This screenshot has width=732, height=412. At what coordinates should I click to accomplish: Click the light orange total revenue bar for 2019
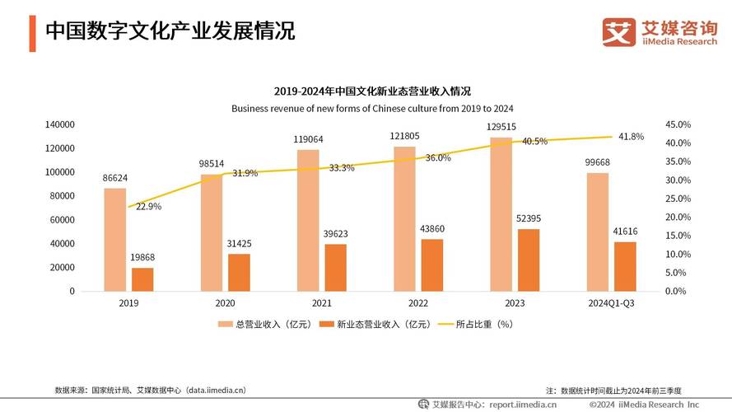click(114, 239)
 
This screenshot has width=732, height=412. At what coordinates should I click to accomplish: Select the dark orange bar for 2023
click(529, 260)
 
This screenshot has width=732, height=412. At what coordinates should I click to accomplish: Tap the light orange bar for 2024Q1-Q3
click(597, 232)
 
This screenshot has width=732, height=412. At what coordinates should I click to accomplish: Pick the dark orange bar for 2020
click(239, 272)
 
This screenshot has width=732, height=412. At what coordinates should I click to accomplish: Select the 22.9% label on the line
click(147, 207)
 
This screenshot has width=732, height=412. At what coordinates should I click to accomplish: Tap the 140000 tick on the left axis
click(60, 124)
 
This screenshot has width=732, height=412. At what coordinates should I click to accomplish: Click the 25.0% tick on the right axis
click(677, 199)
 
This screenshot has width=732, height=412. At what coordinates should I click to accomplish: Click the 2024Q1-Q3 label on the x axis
click(610, 303)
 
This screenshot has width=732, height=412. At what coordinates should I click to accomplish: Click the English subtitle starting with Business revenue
click(372, 108)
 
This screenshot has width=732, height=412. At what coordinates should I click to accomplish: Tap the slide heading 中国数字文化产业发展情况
click(170, 31)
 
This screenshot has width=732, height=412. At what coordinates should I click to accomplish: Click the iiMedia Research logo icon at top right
click(618, 32)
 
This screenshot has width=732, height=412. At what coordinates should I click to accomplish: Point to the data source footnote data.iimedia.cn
click(150, 390)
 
